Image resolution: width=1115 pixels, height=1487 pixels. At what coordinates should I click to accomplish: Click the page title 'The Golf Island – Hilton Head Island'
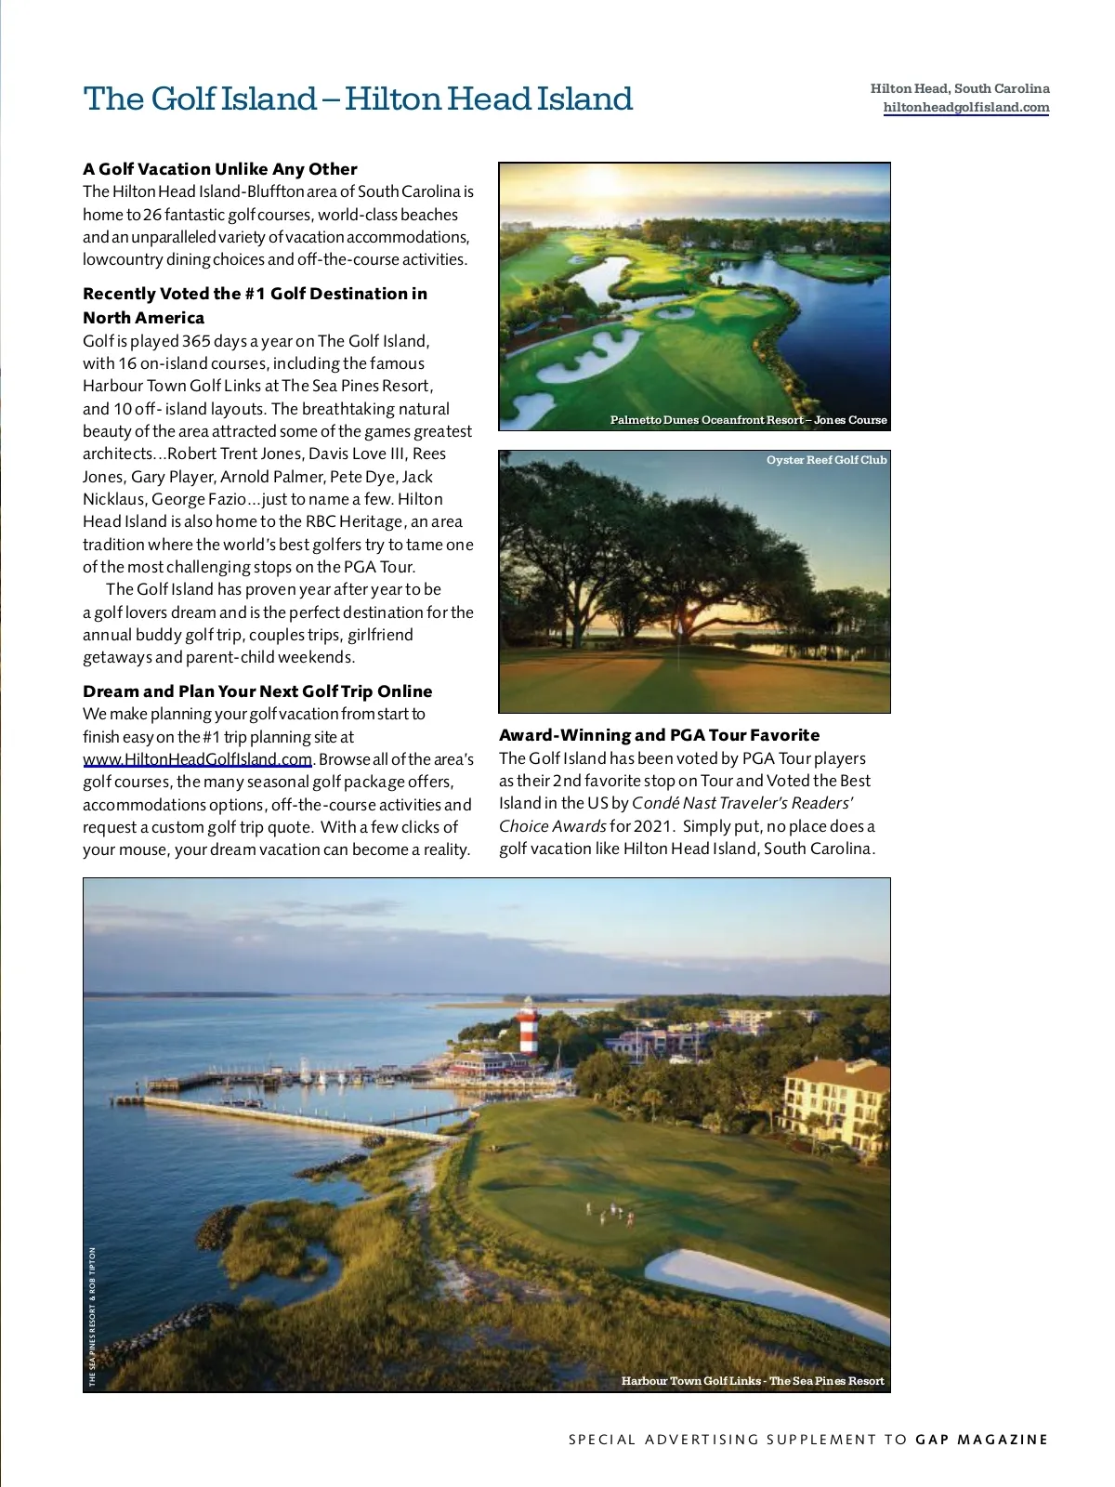pyautogui.click(x=358, y=99)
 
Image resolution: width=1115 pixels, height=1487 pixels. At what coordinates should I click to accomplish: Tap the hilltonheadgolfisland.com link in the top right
pyautogui.click(x=965, y=108)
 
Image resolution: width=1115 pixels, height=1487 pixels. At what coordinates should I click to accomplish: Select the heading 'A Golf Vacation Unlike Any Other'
pyautogui.click(x=220, y=169)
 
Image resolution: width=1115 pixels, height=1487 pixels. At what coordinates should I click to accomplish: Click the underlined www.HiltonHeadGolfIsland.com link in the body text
pyautogui.click(x=197, y=759)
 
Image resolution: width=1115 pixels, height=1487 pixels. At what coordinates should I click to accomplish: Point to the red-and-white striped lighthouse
pyautogui.click(x=528, y=1026)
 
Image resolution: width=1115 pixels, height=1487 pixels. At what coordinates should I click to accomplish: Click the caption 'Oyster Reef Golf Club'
pyautogui.click(x=826, y=460)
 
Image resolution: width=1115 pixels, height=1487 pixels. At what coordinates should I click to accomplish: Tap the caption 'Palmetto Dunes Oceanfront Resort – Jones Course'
pyautogui.click(x=748, y=420)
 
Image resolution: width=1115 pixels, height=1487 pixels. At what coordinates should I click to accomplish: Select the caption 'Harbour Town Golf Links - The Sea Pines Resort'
pyautogui.click(x=753, y=1381)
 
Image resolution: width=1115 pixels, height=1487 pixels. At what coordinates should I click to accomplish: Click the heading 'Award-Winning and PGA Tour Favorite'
pyautogui.click(x=659, y=735)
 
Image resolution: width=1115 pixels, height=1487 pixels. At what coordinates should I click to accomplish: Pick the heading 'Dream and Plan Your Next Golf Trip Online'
pyautogui.click(x=257, y=691)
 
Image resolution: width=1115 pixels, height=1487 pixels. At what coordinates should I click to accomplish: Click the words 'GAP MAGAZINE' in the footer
pyautogui.click(x=981, y=1440)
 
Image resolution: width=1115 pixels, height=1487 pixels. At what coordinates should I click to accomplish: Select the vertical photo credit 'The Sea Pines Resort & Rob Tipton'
pyautogui.click(x=92, y=1316)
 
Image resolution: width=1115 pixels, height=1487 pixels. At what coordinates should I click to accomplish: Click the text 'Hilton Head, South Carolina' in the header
pyautogui.click(x=960, y=89)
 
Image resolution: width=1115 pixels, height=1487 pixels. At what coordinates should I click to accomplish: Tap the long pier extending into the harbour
pyautogui.click(x=297, y=1117)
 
